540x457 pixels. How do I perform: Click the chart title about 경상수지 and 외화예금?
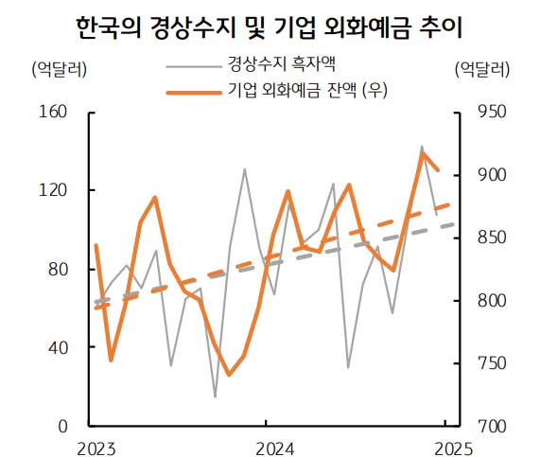click(x=270, y=26)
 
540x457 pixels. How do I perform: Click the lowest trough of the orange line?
click(x=229, y=375)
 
